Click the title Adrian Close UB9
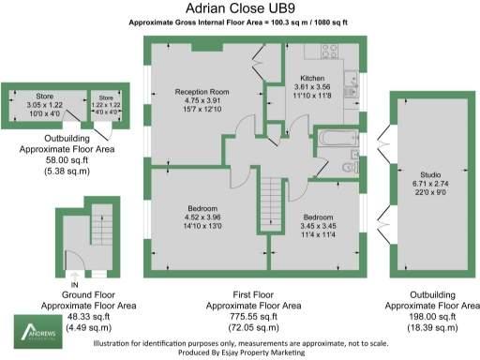pos(239,8)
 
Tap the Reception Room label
pos(201,91)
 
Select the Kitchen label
pos(312,78)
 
